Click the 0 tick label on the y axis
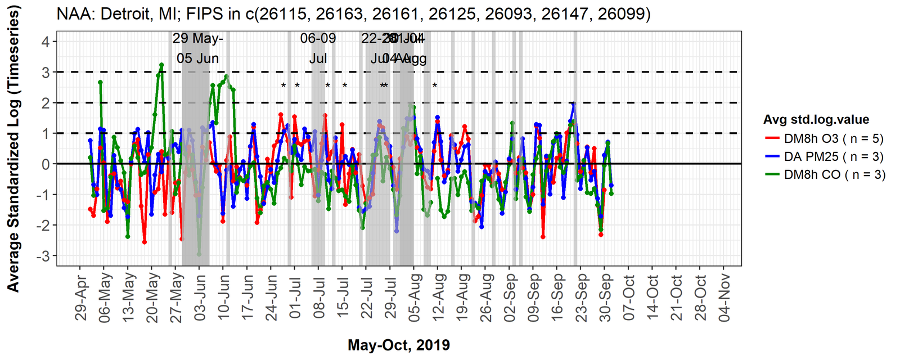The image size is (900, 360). tap(46, 164)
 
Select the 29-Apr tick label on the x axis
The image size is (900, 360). tap(82, 298)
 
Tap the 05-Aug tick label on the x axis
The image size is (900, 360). tap(414, 298)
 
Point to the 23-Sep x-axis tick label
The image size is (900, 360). tap(580, 298)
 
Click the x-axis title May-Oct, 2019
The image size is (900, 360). tap(399, 345)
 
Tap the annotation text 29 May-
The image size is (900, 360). tap(197, 38)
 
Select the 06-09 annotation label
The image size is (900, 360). tap(318, 38)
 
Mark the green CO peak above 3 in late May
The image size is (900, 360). tap(161, 65)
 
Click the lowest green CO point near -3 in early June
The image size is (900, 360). tap(199, 254)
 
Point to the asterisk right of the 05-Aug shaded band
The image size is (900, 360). tap(435, 86)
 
